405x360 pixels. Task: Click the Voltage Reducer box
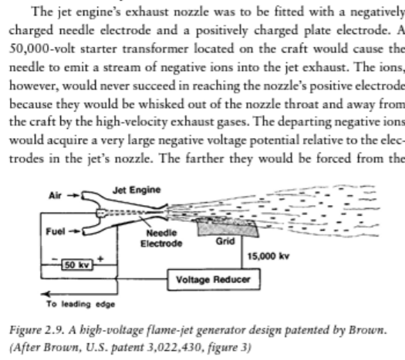coord(214,280)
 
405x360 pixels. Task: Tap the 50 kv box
coord(77,265)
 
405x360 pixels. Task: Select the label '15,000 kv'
coord(268,256)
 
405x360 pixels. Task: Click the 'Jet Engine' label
coord(137,190)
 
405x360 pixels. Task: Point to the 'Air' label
coord(55,196)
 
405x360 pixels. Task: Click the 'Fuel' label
coord(56,231)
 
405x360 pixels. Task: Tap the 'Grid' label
coord(225,241)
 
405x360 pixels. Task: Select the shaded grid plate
coord(228,227)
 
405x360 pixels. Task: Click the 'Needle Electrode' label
coord(161,238)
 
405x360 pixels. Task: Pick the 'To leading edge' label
coord(80,304)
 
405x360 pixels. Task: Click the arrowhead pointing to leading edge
coord(46,294)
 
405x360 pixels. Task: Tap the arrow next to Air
coord(73,196)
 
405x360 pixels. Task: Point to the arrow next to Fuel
coord(74,231)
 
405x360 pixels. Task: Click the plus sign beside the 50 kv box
coord(100,258)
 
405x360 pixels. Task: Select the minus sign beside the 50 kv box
coord(55,258)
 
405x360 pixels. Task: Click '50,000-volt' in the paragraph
coord(42,49)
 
